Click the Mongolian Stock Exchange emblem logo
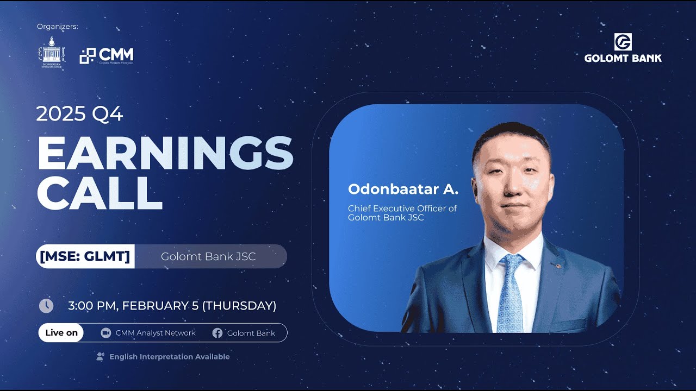(x=52, y=53)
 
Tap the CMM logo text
(x=116, y=54)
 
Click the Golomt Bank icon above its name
(x=623, y=42)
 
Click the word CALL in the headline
(x=100, y=193)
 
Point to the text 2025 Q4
(x=79, y=114)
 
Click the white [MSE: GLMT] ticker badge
(x=85, y=256)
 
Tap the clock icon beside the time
(x=46, y=306)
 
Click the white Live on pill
(x=61, y=333)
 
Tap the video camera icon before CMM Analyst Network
(x=106, y=333)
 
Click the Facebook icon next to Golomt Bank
(x=217, y=333)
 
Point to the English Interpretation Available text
(x=169, y=357)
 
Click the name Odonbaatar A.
(x=403, y=190)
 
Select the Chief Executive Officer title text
(x=402, y=209)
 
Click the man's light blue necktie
(x=510, y=293)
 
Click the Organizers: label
(x=58, y=27)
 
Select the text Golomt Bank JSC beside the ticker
(x=208, y=256)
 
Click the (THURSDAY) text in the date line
(x=239, y=306)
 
